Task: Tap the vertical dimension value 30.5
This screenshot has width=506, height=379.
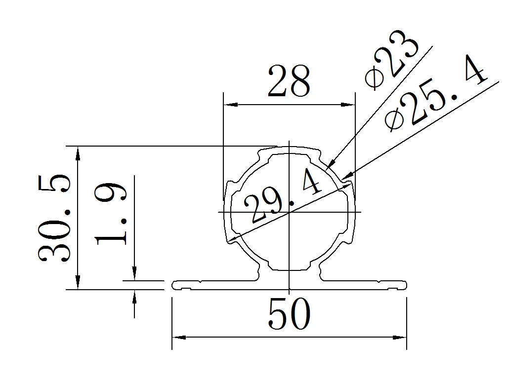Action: pyautogui.click(x=55, y=217)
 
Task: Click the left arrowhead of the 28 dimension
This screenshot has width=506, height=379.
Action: pyautogui.click(x=228, y=105)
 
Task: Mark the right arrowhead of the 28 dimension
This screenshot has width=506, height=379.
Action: pyautogui.click(x=350, y=105)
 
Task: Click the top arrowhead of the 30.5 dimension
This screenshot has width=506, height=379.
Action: pyautogui.click(x=78, y=152)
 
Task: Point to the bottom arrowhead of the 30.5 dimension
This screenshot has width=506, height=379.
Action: pyautogui.click(x=78, y=284)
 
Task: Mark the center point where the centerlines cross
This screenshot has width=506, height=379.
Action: pyautogui.click(x=289, y=212)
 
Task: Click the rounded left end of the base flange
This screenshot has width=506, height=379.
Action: pyautogui.click(x=174, y=285)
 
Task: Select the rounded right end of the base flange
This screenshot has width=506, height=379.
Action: pyautogui.click(x=405, y=285)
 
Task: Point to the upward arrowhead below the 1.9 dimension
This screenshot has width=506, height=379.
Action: pyautogui.click(x=134, y=295)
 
